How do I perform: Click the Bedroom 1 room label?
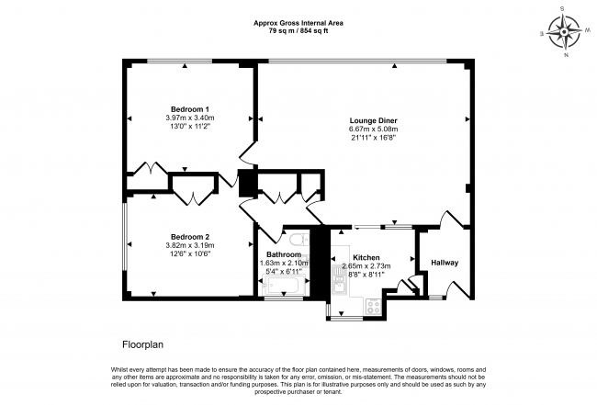tap(189, 108)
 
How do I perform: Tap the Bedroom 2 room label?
tap(189, 236)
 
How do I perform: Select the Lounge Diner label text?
tap(373, 120)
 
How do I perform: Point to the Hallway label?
tap(445, 264)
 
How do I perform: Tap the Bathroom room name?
tap(284, 254)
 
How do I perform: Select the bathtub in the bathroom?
tap(284, 290)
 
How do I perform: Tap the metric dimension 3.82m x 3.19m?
tap(189, 245)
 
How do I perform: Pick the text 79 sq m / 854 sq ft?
tap(298, 30)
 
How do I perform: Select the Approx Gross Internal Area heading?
tap(298, 22)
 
